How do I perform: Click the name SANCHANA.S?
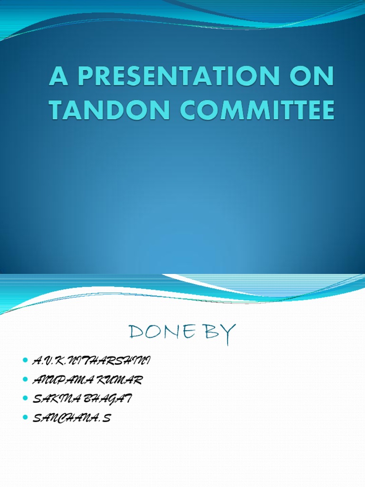[71, 419]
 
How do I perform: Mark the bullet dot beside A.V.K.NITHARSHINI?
[25, 362]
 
